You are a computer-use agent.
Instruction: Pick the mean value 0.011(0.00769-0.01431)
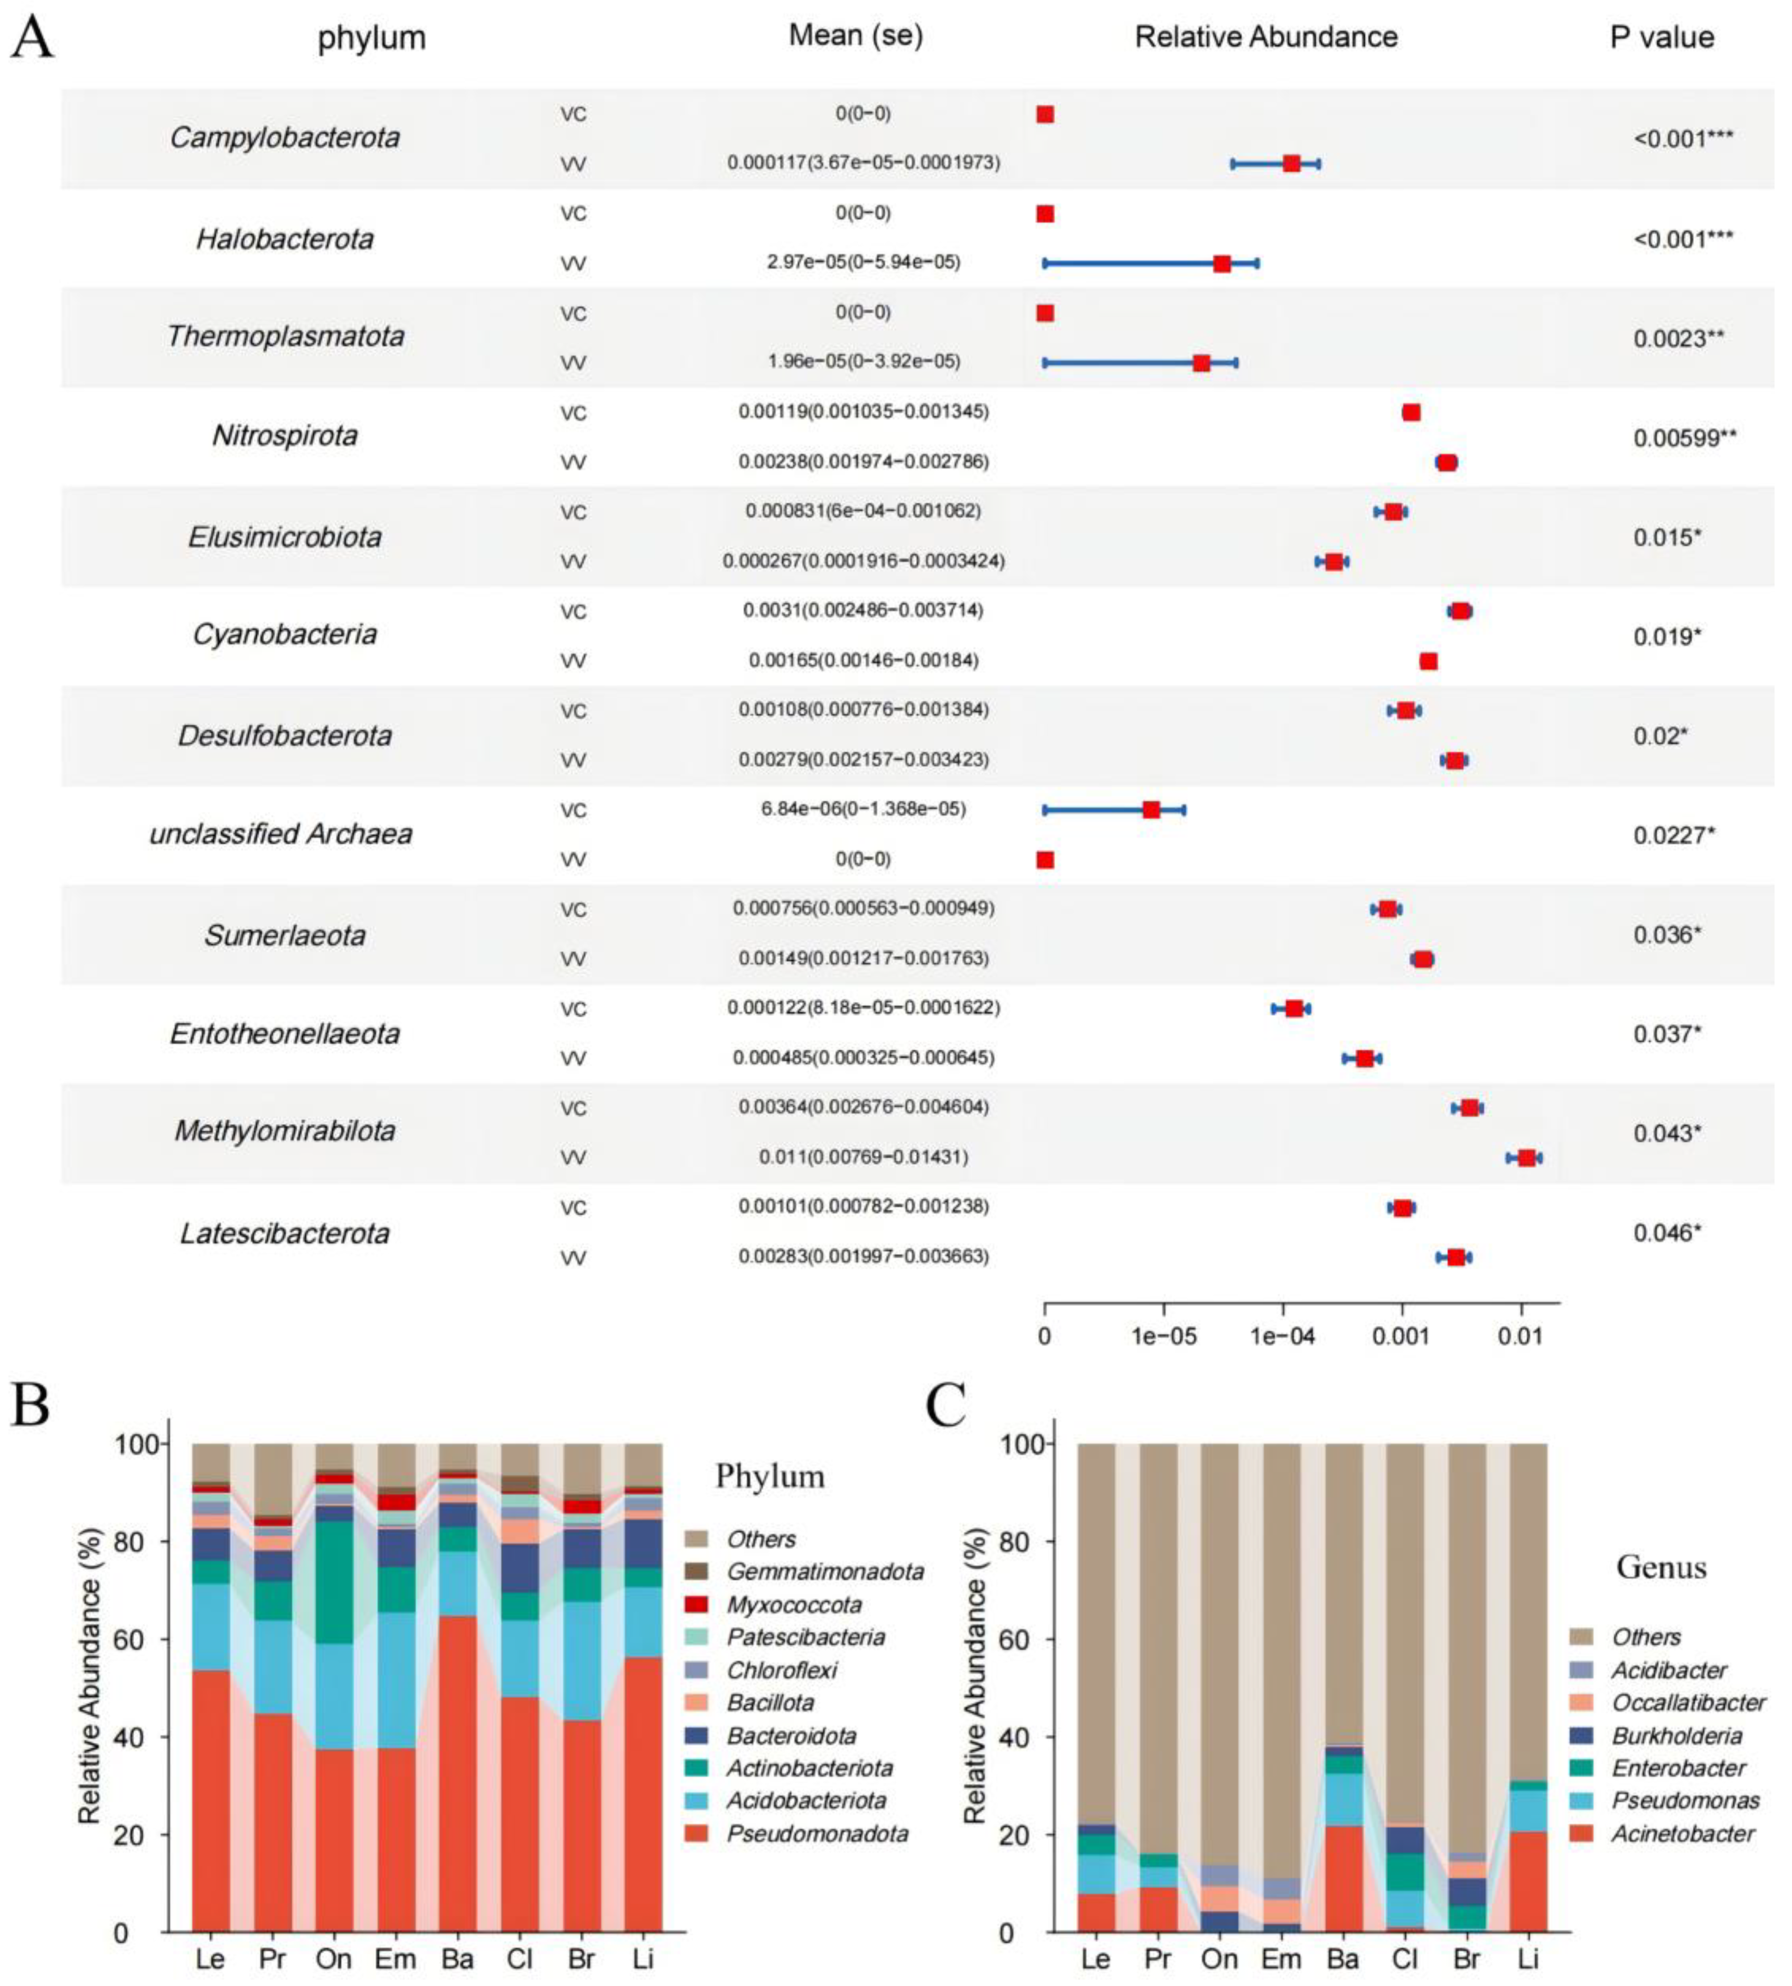tap(862, 1157)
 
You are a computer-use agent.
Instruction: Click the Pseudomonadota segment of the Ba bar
tap(457, 1772)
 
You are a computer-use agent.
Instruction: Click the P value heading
tap(1662, 38)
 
